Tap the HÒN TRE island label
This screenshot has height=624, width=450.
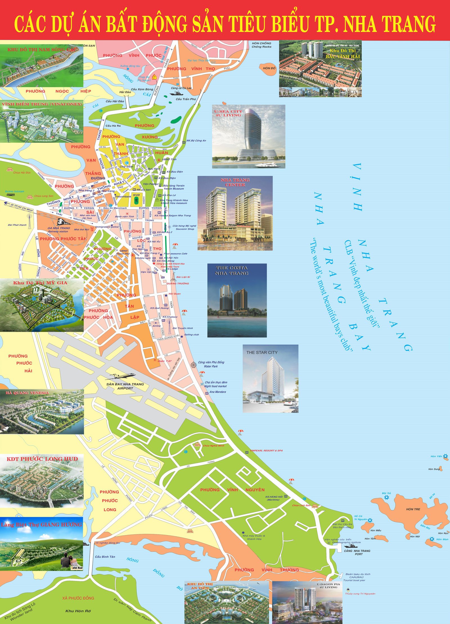(x=413, y=509)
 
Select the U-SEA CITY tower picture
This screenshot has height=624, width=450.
(x=249, y=137)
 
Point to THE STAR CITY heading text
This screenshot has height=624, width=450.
(x=262, y=352)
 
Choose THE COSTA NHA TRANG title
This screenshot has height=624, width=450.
(x=231, y=270)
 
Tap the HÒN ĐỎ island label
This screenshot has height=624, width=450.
(x=269, y=68)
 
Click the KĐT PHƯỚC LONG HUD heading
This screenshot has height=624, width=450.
(x=42, y=459)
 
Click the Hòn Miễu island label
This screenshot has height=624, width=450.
(x=376, y=531)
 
